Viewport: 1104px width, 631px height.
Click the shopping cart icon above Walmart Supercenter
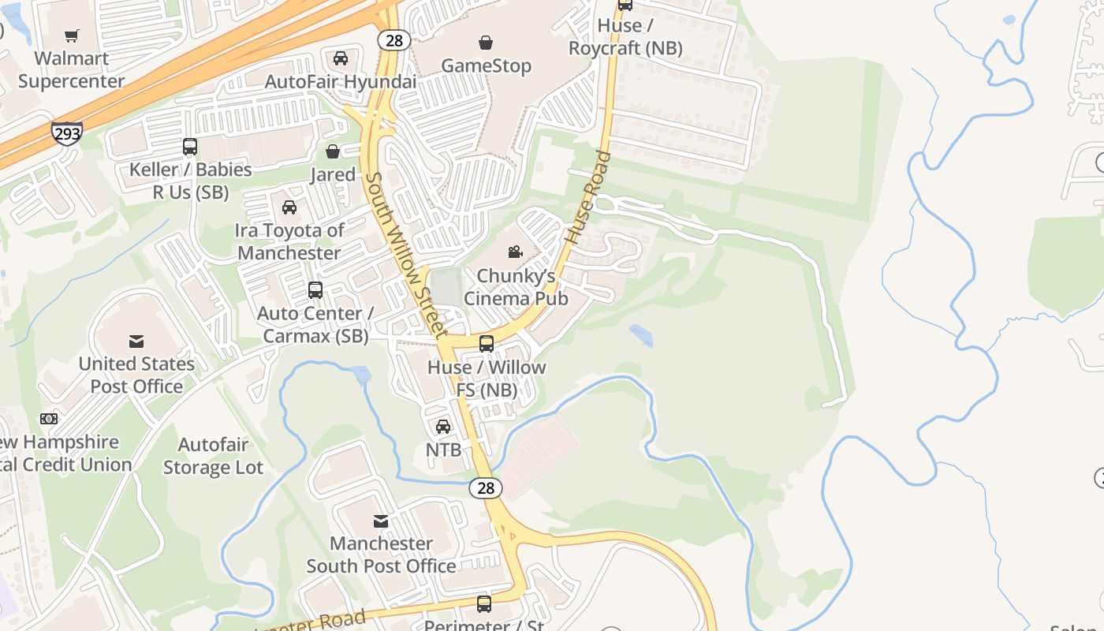pos(72,35)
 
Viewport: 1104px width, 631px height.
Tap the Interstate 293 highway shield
pos(67,133)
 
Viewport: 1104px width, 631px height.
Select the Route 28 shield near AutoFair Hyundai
pos(393,39)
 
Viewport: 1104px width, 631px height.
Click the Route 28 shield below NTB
pos(486,488)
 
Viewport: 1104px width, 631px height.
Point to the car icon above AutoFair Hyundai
pos(341,58)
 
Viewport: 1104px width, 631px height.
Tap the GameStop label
pos(486,65)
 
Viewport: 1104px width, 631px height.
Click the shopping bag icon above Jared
pos(333,151)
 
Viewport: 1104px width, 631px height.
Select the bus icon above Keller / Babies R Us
pos(190,147)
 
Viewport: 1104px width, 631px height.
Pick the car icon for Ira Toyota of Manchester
pos(289,207)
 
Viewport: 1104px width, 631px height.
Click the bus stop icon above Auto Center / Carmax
pos(315,290)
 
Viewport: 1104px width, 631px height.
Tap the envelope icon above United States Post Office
pos(136,342)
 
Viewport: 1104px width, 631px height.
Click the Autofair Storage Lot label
pos(213,456)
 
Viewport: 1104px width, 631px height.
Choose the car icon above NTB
pos(443,427)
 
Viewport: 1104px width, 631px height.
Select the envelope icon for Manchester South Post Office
pos(381,521)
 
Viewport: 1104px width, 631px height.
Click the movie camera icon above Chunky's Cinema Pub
pos(515,252)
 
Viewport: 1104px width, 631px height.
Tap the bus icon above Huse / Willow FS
pos(487,344)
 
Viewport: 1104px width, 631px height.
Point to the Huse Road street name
pos(588,196)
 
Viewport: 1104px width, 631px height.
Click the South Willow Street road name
pos(407,256)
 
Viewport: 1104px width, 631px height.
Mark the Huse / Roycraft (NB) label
pos(625,36)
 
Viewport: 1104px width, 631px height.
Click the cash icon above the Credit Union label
pos(49,419)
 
